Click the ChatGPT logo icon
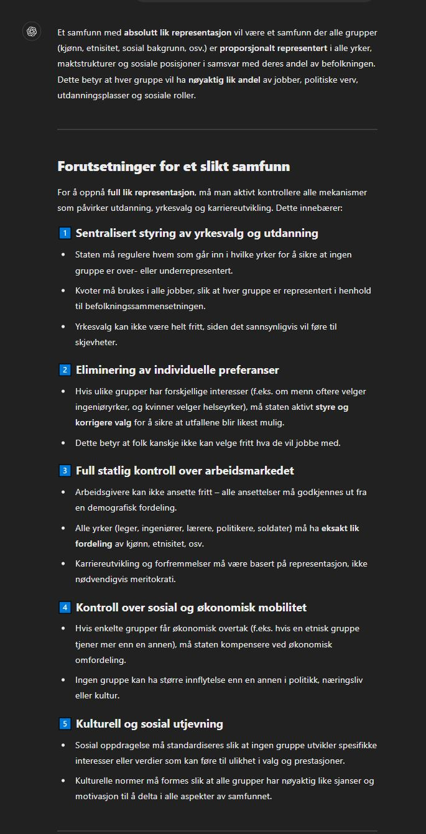(32, 32)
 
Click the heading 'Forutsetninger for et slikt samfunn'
(174, 167)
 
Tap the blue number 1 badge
(65, 234)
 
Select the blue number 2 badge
(65, 370)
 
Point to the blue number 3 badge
(65, 471)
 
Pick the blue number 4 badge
(65, 608)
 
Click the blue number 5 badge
(65, 724)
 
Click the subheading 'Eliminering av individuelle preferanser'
(177, 370)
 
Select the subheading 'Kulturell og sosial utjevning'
(149, 724)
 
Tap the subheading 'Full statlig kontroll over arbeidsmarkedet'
(185, 471)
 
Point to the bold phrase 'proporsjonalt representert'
(273, 48)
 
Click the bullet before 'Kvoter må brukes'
(63, 290)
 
